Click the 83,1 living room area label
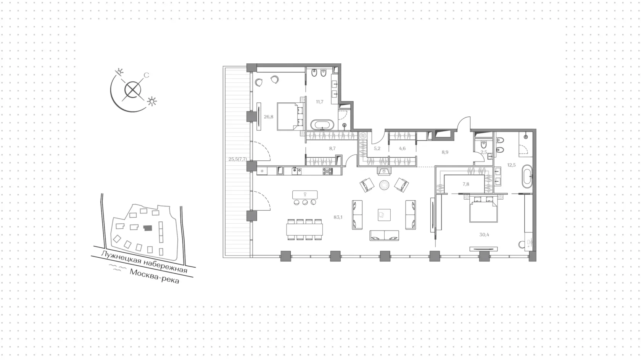pos(338,217)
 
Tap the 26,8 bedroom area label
pos(269,117)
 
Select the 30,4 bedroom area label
pos(484,235)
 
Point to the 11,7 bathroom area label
pos(320,102)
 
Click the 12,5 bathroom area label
pos(511,165)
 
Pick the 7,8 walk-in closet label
pos(466,184)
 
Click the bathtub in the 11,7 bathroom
pos(322,125)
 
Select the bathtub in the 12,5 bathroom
pos(527,176)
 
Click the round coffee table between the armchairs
pos(384,185)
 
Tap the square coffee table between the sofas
pos(384,215)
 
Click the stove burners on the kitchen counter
pos(328,171)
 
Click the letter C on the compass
pos(146,75)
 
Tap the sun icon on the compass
pos(152,101)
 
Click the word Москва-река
pos(155,276)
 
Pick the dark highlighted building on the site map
pos(148,228)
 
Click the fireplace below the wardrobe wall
pos(384,171)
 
